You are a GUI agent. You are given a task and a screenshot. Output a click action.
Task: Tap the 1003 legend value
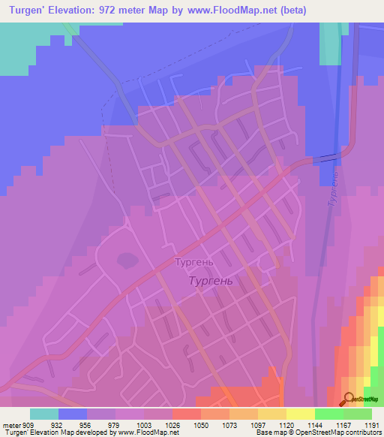click(x=143, y=425)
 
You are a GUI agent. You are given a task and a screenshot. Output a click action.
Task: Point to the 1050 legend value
click(x=201, y=425)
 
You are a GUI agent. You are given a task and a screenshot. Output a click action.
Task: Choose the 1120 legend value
click(x=286, y=425)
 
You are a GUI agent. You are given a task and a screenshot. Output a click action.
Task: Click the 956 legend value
click(x=87, y=425)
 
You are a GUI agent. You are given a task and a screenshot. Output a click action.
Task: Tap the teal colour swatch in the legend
click(x=44, y=414)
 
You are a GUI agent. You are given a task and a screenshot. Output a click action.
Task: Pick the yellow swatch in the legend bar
click(x=300, y=414)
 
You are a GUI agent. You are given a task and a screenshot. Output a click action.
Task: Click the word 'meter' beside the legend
click(x=10, y=425)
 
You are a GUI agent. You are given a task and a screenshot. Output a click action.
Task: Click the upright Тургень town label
click(x=194, y=263)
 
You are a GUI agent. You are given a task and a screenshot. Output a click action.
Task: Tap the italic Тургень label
click(x=210, y=281)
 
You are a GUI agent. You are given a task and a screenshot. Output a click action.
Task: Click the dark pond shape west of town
click(x=125, y=261)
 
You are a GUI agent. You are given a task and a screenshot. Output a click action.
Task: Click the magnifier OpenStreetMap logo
click(x=349, y=399)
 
